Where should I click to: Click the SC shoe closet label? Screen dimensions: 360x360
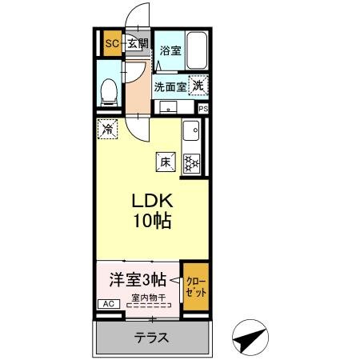112,43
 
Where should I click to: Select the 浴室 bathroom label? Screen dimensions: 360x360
169,50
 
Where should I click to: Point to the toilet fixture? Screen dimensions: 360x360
108,91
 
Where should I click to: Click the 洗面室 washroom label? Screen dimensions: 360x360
170,86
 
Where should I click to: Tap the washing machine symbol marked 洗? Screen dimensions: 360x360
197,82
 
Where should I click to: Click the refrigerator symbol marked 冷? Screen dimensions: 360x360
106,127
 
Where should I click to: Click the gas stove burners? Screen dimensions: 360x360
192,163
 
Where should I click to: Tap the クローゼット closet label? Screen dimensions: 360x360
195,287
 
